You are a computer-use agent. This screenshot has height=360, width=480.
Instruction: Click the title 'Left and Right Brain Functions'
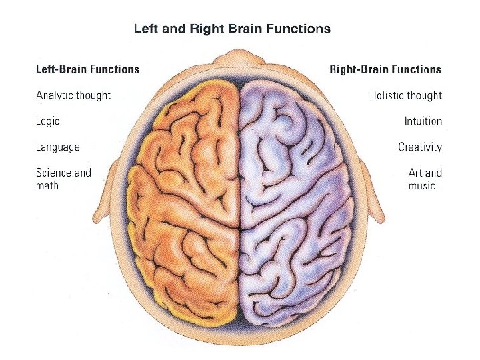coord(232,29)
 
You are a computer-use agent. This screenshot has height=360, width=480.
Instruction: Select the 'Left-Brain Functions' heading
coord(87,69)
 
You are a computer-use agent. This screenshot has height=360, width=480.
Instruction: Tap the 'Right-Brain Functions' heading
coord(385,69)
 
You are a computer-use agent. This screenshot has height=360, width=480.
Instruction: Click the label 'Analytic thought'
coord(73,95)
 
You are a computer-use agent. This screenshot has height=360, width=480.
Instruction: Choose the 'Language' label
coord(58,147)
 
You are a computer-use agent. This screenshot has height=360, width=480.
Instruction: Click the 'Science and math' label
coord(63,179)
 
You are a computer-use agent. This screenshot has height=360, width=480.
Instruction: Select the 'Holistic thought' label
coord(405,95)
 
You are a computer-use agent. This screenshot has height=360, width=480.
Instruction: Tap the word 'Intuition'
coord(423,121)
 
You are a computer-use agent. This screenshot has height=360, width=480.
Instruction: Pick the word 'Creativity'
coord(420,147)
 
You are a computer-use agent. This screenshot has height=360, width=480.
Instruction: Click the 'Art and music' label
coord(425,179)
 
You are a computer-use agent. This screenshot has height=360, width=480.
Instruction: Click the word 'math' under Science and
coord(47,186)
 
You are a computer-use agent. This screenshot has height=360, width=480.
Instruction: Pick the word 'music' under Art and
coord(421,186)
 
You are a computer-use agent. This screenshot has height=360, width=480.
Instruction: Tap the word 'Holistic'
coord(387,95)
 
